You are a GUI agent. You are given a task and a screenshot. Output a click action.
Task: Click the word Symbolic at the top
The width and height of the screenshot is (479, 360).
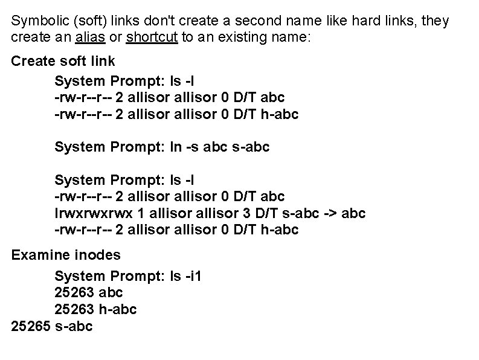(x=37, y=21)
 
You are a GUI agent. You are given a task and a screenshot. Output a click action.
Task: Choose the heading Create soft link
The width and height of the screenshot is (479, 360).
(x=63, y=62)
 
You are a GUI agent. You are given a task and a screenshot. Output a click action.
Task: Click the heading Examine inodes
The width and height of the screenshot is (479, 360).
(x=66, y=256)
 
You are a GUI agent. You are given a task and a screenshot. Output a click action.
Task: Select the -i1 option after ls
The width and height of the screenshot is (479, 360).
(x=192, y=276)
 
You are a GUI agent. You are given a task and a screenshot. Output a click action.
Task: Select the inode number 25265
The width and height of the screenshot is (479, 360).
(x=31, y=327)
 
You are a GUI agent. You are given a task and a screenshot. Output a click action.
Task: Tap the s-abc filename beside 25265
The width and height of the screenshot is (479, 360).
(x=73, y=327)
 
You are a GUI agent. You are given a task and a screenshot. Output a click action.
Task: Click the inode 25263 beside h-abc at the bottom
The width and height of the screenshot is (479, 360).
(x=74, y=310)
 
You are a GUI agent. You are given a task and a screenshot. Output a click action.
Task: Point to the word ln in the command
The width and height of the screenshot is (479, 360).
(x=178, y=146)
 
